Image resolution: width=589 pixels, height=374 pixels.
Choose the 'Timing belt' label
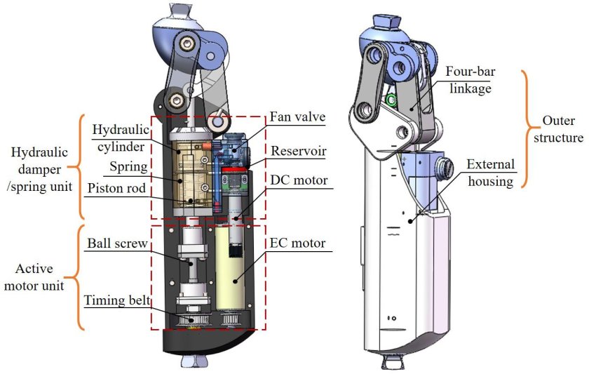(117, 299)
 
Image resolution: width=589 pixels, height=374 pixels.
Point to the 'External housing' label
(491, 173)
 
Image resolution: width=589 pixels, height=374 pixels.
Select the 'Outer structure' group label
(557, 128)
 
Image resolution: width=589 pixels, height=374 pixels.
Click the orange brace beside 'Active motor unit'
(81, 277)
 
